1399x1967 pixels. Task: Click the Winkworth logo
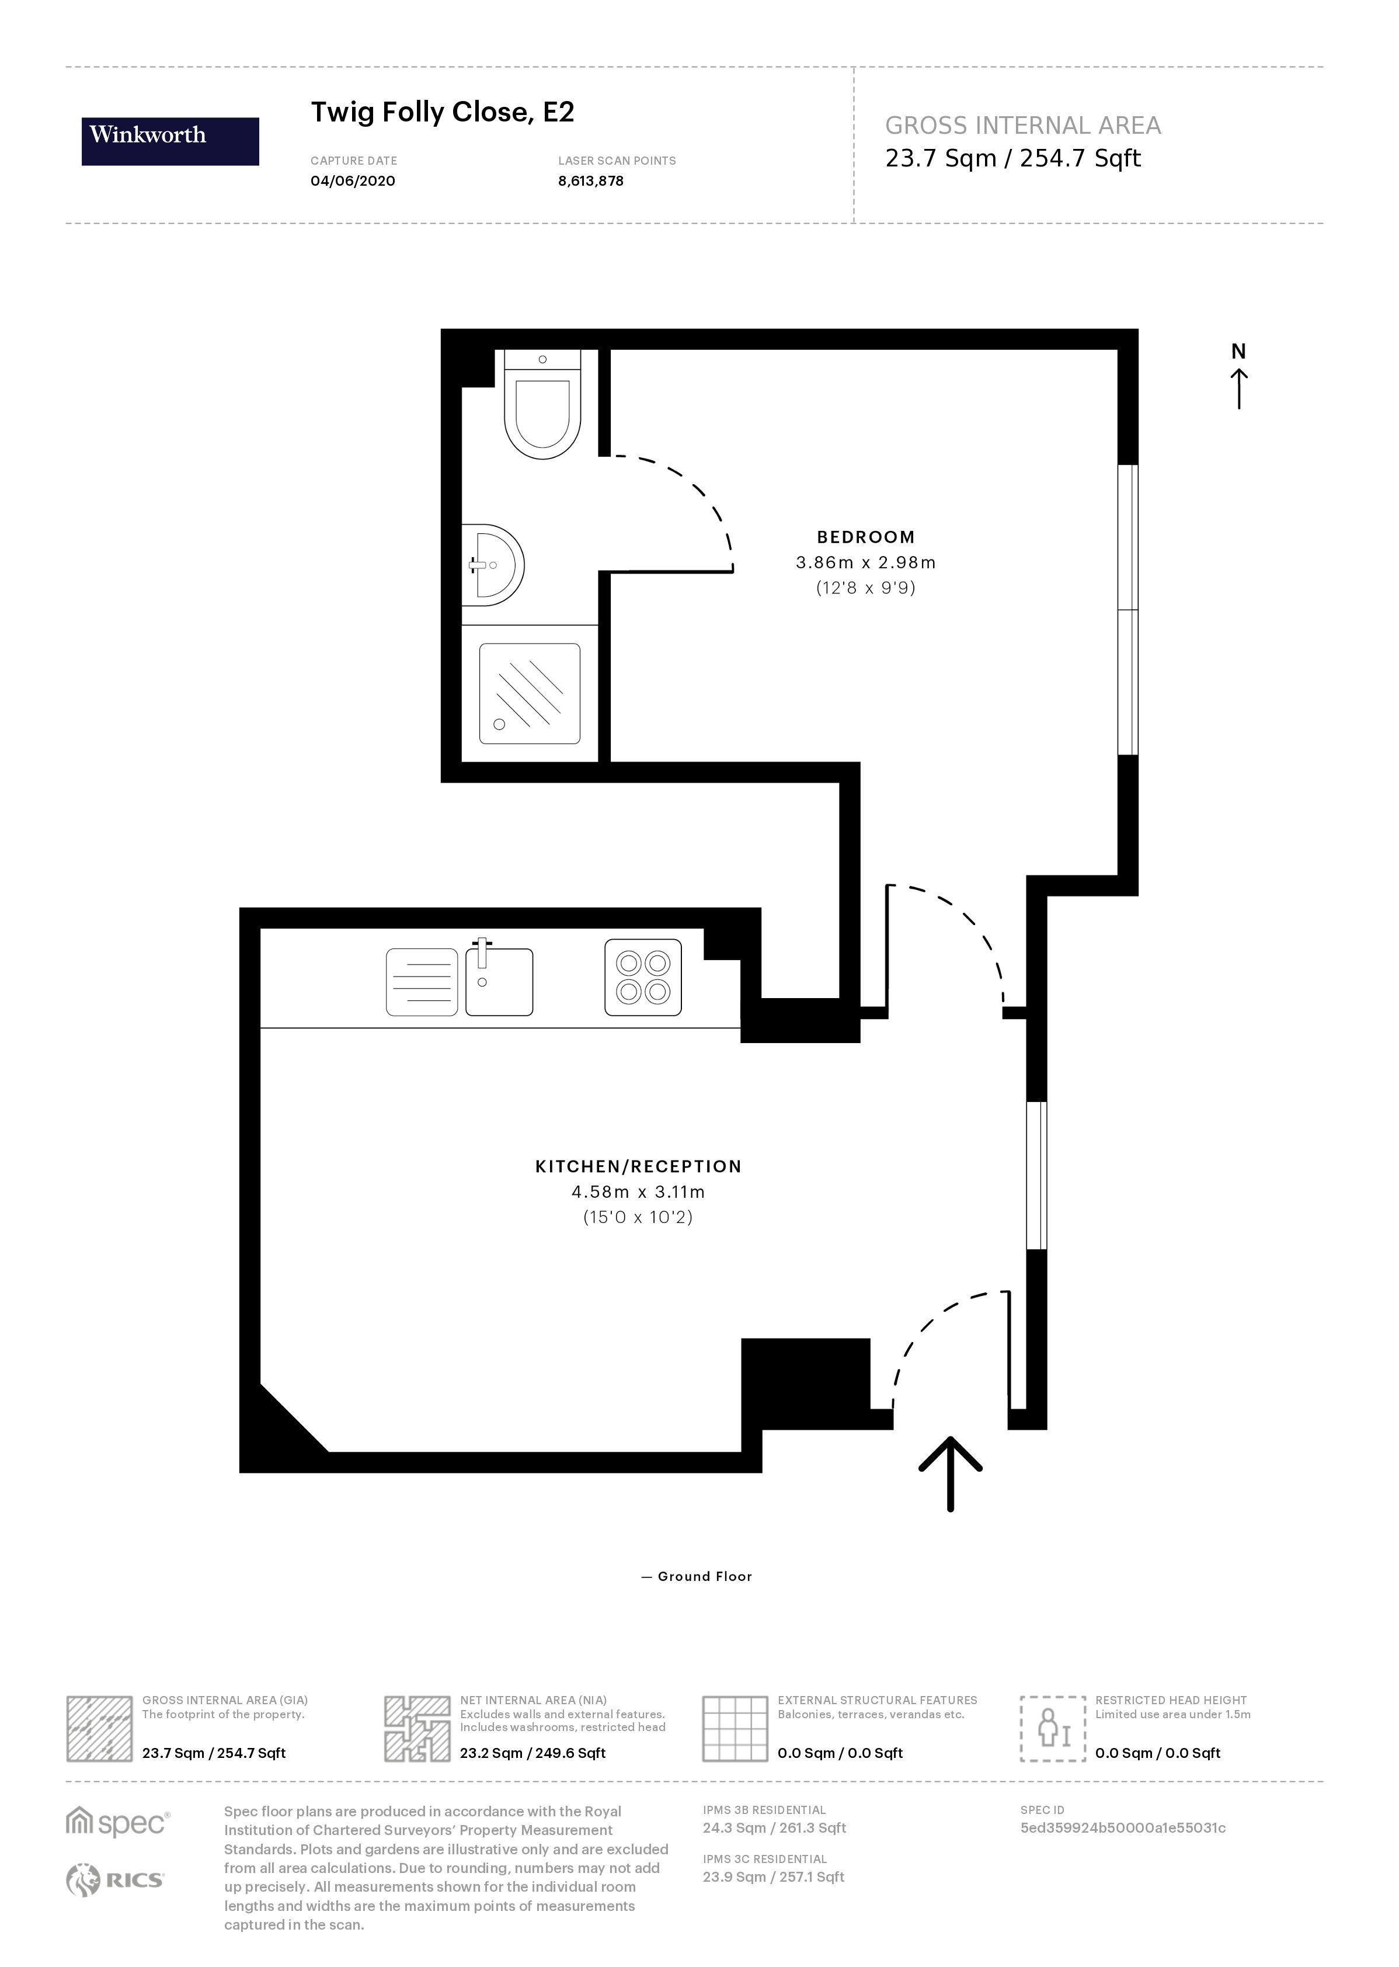(170, 141)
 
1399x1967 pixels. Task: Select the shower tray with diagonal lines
(529, 694)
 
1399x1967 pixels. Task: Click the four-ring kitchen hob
(643, 977)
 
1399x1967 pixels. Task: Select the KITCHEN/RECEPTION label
(638, 1166)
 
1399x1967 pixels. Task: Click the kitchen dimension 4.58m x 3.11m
(638, 1193)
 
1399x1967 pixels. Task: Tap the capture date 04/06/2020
(352, 181)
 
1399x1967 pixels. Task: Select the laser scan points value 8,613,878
(590, 181)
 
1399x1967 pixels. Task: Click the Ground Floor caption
(698, 1577)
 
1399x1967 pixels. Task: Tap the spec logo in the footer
(117, 1823)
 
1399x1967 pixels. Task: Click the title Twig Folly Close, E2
(442, 112)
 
